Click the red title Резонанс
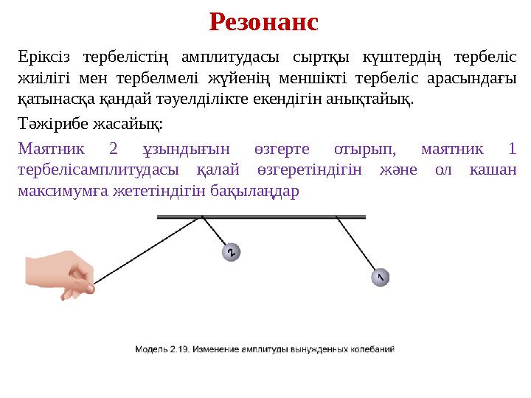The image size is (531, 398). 264,21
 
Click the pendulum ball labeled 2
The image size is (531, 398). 232,253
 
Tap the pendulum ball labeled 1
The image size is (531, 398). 379,277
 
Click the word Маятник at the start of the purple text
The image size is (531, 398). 52,150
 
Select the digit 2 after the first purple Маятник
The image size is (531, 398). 113,150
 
